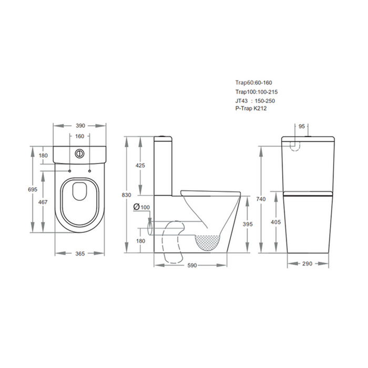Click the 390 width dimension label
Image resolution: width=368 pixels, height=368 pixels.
coord(80,126)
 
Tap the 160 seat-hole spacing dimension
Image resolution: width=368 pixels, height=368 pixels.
coord(80,136)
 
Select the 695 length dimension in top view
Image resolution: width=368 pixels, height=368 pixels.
coord(33,189)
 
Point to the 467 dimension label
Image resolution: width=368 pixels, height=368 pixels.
coord(43,202)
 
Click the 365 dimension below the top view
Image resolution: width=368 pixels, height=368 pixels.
coord(80,254)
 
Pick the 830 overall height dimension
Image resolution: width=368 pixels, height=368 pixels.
coord(127,195)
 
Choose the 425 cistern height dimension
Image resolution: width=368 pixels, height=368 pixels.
coord(140,166)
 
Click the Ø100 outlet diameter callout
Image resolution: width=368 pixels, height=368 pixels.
coord(141,207)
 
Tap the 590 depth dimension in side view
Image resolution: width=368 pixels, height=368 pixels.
coord(192,265)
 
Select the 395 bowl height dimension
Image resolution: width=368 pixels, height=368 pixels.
coord(248,224)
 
